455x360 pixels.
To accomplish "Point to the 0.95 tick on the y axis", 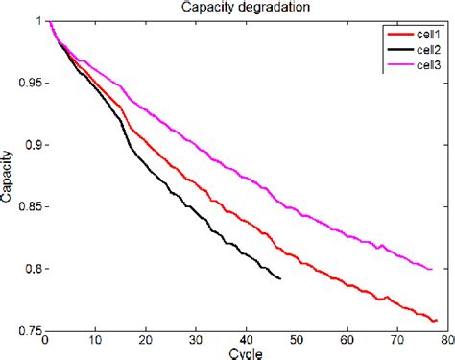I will point(28,83).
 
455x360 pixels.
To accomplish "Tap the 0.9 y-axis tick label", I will point(31,145).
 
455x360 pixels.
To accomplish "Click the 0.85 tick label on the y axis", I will point(28,207).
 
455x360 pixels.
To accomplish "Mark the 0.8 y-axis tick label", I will point(31,270).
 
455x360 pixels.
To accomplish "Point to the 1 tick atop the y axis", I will point(37,20).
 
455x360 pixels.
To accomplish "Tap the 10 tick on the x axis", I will point(96,341).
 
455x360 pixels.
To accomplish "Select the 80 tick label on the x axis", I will point(447,341).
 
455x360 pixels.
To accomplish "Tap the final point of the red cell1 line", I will point(437,320).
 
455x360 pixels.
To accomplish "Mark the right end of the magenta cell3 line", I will point(432,269).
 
